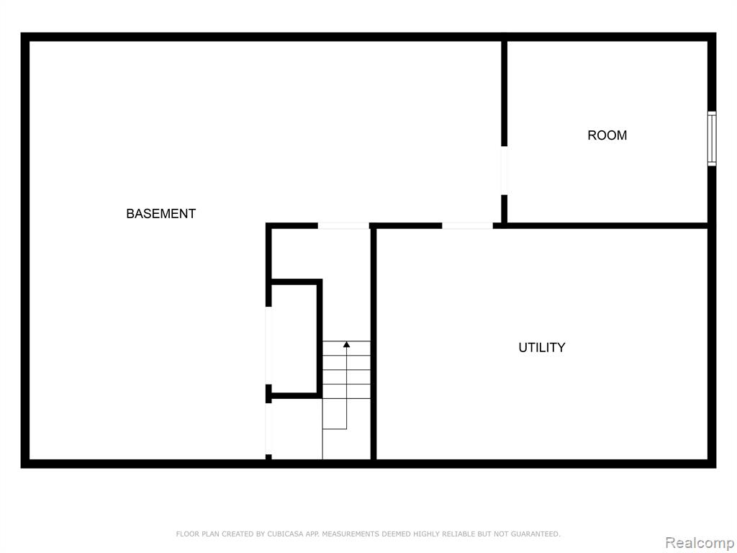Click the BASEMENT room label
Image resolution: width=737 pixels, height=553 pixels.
[160, 213]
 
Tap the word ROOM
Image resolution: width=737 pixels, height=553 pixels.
[607, 135]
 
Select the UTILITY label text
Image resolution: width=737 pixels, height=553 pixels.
[541, 348]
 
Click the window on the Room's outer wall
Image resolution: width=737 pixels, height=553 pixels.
[712, 139]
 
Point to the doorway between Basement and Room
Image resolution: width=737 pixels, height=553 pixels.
[504, 170]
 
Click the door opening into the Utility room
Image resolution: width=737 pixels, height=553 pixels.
[467, 225]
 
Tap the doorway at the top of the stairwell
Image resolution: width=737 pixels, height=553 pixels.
[343, 225]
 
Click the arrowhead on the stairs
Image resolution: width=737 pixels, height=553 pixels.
[346, 345]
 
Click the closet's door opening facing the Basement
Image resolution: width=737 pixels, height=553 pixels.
[269, 346]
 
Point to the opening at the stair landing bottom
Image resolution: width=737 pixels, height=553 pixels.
[269, 429]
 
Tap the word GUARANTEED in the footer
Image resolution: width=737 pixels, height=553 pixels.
[535, 534]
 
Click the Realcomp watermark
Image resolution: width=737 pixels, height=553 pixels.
[700, 543]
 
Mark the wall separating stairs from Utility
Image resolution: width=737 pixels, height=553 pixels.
[374, 343]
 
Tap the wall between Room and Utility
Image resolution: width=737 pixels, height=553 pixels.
[605, 225]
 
